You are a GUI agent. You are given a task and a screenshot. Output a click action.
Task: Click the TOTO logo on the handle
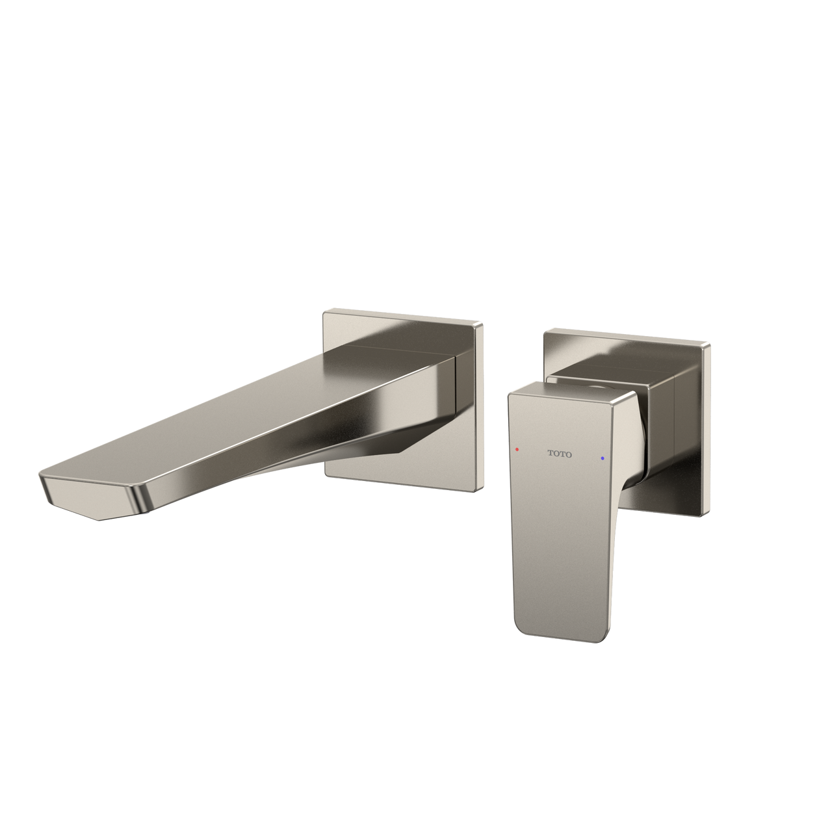(x=559, y=454)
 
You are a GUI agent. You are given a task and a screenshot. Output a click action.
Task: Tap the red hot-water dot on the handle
(x=517, y=449)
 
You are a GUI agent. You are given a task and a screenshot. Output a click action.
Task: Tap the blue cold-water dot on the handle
(x=603, y=458)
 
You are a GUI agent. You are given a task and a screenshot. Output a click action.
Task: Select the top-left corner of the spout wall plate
(x=326, y=313)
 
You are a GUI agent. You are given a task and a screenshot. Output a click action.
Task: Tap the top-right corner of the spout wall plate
(x=482, y=324)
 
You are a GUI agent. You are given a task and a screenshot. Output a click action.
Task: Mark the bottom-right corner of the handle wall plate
(x=703, y=515)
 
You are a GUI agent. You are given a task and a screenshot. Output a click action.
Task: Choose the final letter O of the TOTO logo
(x=569, y=455)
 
